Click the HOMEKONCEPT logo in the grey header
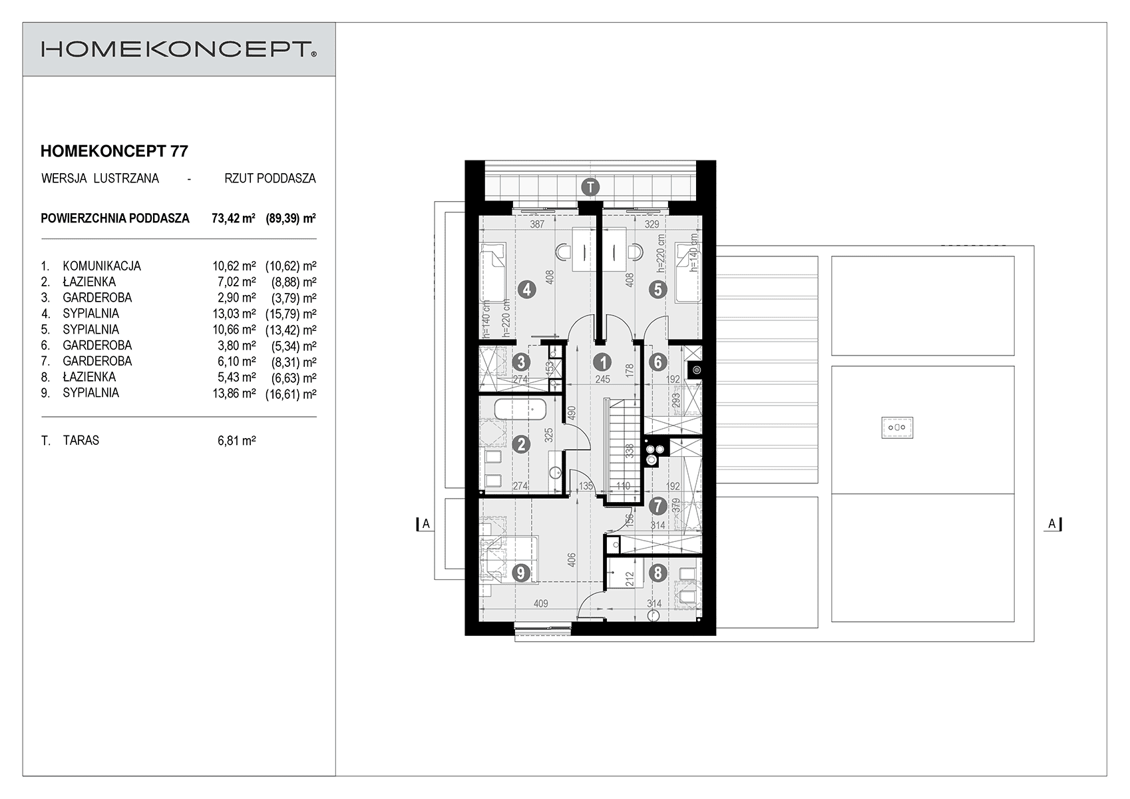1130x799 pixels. (x=178, y=49)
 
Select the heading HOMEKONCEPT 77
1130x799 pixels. (x=114, y=151)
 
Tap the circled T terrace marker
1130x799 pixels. (x=590, y=187)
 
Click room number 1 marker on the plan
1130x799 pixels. (x=602, y=362)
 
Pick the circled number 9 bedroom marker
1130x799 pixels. (x=520, y=573)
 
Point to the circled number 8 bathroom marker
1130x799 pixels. (x=658, y=573)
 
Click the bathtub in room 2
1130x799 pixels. (x=520, y=409)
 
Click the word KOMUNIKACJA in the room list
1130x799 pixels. (x=102, y=266)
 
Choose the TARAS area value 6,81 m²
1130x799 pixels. (x=237, y=441)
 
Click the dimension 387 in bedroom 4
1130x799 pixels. (x=537, y=224)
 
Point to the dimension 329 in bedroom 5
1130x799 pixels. (x=652, y=224)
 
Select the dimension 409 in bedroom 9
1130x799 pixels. (x=541, y=604)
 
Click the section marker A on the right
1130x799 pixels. (x=1052, y=524)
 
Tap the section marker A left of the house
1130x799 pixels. (x=425, y=524)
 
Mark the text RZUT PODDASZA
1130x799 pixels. (x=270, y=178)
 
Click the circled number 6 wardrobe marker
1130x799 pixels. (x=658, y=362)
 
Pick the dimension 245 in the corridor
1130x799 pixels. (x=602, y=380)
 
